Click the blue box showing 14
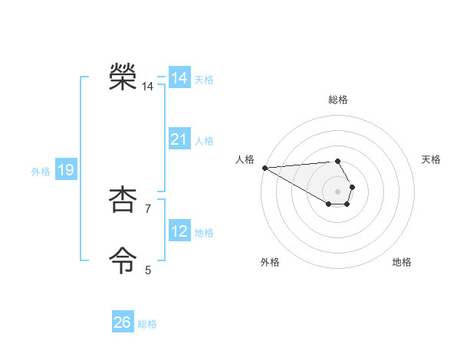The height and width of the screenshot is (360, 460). tap(179, 78)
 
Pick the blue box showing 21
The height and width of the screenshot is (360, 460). tap(179, 139)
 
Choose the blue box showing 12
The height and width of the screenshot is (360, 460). tap(179, 231)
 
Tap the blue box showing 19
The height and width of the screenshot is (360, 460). tap(66, 170)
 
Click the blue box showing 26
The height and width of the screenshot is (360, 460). tap(123, 322)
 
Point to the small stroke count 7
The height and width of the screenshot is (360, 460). tap(148, 208)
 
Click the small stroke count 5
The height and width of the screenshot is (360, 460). tap(148, 270)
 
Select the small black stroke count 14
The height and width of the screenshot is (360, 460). tap(147, 87)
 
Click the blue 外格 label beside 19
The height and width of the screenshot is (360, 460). tap(41, 172)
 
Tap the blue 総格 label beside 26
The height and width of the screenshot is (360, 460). tap(147, 324)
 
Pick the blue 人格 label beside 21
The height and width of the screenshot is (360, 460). tap(204, 141)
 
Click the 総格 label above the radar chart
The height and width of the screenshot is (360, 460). tap(337, 100)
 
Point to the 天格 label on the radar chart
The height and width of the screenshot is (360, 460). tap(431, 159)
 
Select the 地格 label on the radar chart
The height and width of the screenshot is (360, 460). tap(402, 262)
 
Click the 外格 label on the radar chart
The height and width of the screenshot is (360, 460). tap(270, 262)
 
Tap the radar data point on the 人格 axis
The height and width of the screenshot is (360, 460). tap(264, 167)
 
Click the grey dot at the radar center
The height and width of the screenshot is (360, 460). tap(337, 191)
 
